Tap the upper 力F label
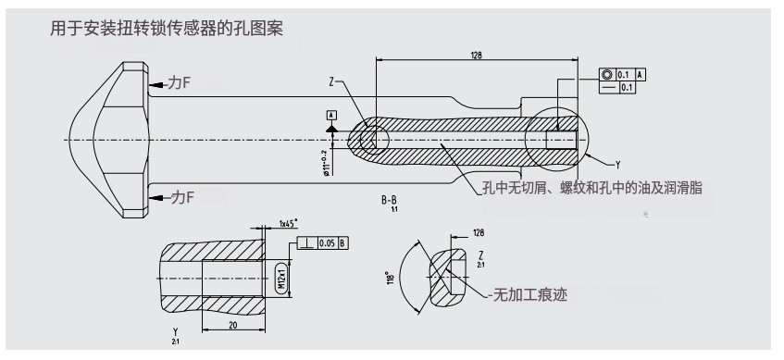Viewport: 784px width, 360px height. coord(177,83)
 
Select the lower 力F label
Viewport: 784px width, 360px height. coord(177,196)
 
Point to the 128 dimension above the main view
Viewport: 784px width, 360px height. coord(476,56)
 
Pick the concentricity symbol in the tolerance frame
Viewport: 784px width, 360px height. coord(605,74)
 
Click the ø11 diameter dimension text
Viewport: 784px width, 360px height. coord(326,160)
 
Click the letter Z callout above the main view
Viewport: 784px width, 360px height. coord(330,81)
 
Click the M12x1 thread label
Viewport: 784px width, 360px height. coord(281,277)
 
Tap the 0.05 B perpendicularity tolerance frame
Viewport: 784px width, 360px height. coord(330,243)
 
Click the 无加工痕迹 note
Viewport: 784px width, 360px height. coord(531,295)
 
